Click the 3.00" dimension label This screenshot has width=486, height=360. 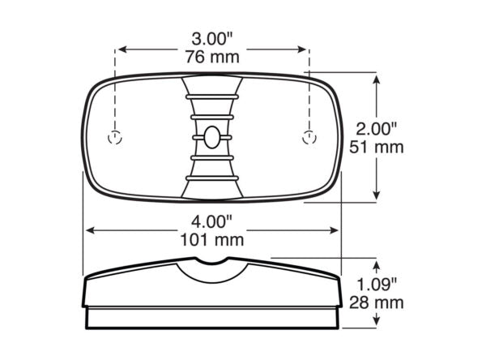coord(212,40)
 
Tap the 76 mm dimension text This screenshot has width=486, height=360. coord(212,57)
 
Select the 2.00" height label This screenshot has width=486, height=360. coord(376,129)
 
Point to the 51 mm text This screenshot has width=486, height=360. coord(377,147)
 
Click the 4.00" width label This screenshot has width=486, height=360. coord(211,222)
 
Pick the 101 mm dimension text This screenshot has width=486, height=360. coord(212,240)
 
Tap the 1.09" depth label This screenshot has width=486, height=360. coord(377,285)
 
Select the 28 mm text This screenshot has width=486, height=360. coord(377,303)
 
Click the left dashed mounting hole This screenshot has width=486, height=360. coord(115,138)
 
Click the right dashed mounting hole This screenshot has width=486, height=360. coord(309,138)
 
